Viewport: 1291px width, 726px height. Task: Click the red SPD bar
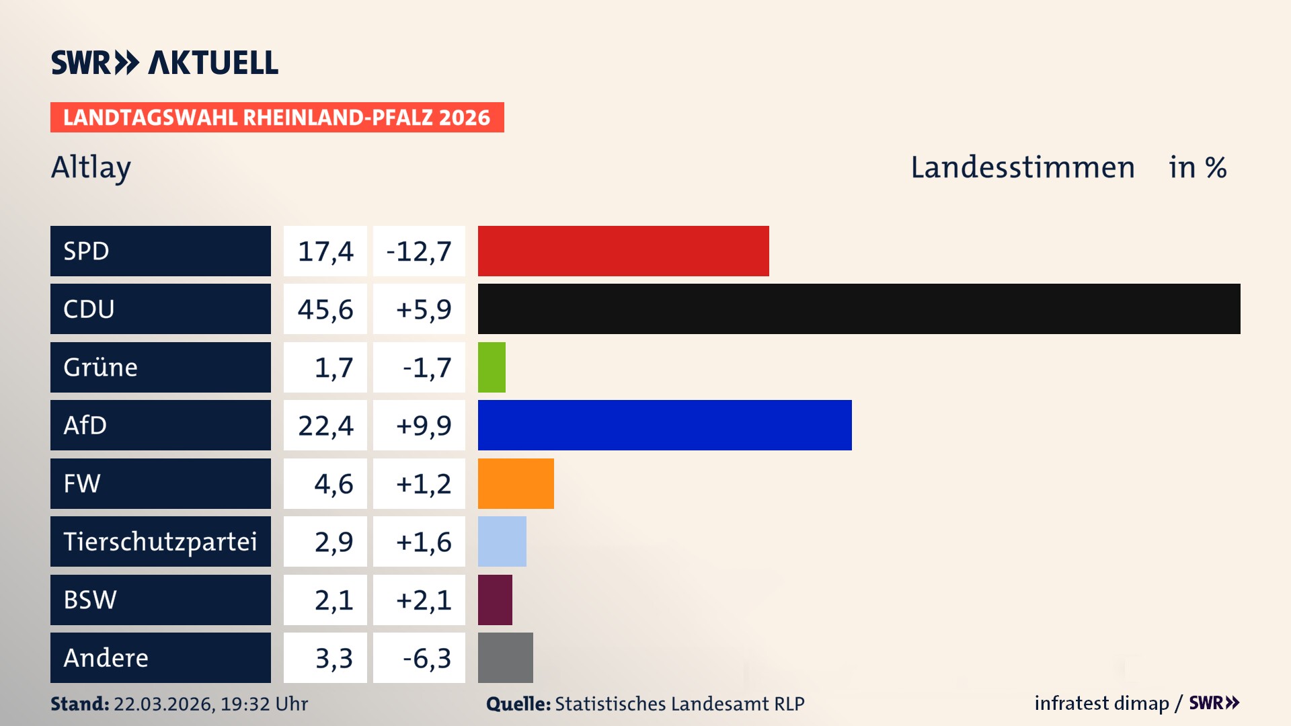tap(623, 251)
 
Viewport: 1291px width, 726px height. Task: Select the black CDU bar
tap(859, 309)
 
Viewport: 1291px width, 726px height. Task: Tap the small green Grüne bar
tap(492, 367)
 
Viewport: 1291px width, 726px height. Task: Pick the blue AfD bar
tap(664, 425)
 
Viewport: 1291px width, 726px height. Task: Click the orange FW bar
tap(516, 483)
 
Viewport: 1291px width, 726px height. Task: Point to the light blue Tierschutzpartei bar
tap(502, 541)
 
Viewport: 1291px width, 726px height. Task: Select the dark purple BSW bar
tap(495, 600)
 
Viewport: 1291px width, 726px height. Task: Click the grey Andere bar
tap(505, 657)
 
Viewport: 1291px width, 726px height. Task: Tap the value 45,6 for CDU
tap(325, 309)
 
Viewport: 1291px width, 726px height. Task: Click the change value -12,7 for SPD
tap(419, 251)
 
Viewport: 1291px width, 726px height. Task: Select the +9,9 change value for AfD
tap(424, 426)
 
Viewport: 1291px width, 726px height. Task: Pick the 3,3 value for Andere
tap(334, 658)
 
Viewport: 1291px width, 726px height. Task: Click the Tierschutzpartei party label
tap(160, 541)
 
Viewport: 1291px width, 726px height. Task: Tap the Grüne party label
tap(101, 367)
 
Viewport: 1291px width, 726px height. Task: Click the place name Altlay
tap(91, 167)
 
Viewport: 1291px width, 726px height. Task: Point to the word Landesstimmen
tap(1022, 167)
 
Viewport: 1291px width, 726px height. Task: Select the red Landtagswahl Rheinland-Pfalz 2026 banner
tap(277, 118)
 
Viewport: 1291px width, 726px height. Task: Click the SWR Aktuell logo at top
tap(165, 63)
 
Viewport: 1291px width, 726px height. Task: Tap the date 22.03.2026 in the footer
tap(163, 704)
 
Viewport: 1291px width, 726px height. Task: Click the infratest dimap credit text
tap(1101, 703)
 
